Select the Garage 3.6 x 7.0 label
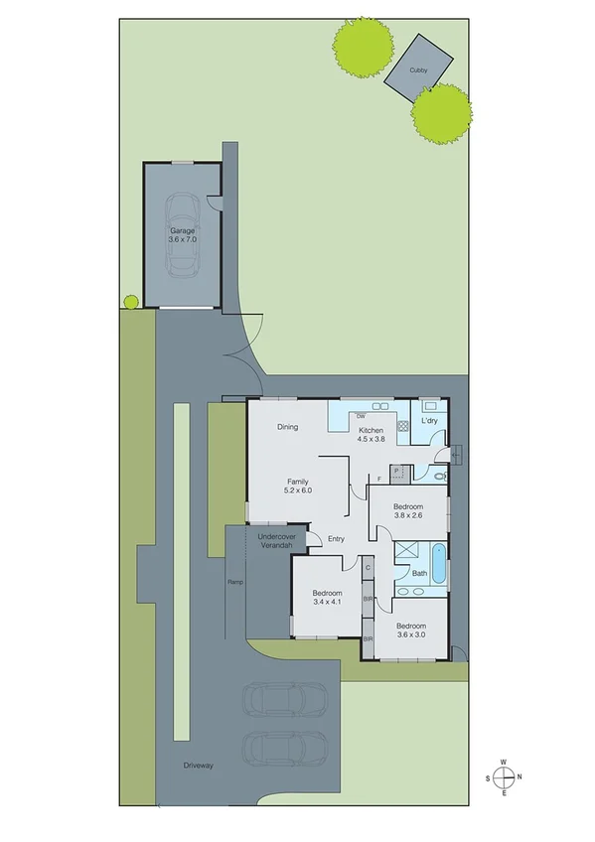[x=182, y=234]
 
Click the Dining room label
[x=287, y=427]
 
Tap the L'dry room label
[x=429, y=421]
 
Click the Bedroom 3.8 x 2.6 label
[x=408, y=510]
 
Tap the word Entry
[x=336, y=539]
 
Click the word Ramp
[x=235, y=582]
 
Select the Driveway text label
[x=199, y=766]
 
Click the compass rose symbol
[x=505, y=776]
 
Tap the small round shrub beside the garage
[x=129, y=300]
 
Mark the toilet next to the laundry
[x=440, y=478]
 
